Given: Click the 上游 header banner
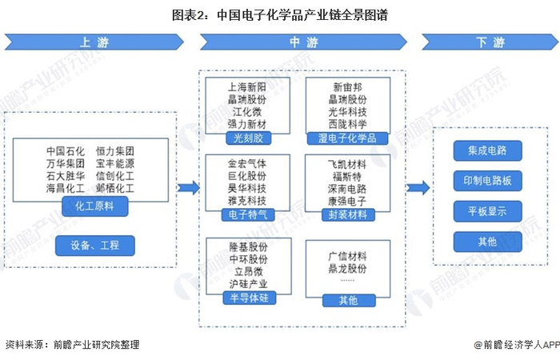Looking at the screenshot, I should point(94,42).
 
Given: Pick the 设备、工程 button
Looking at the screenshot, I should point(95,246).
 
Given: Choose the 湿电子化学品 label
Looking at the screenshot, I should point(348,138).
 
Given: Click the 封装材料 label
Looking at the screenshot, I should point(348,214).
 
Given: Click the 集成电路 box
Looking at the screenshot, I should point(487,150).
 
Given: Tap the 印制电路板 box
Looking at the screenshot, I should point(487,181).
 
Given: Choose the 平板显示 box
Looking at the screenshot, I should point(487,211).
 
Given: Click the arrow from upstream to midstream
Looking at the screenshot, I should point(189,188).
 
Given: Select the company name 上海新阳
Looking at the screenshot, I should point(247,87).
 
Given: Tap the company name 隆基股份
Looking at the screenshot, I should point(247,247).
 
